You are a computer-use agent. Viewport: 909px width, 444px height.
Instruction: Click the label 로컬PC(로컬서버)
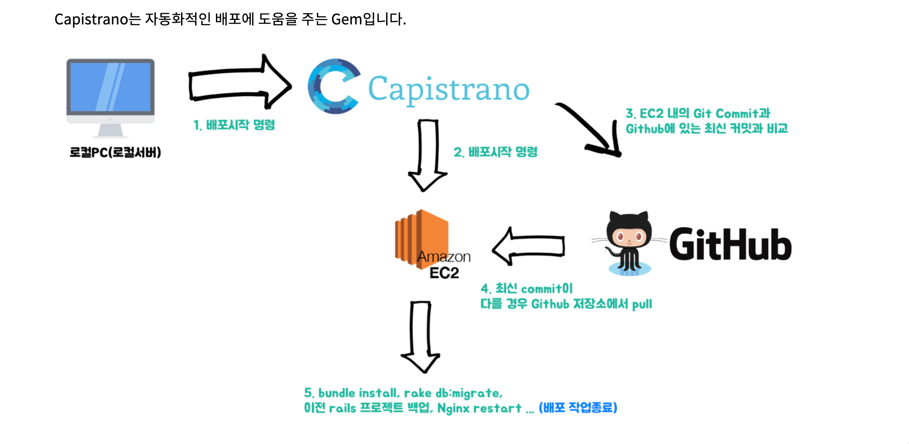coord(115,152)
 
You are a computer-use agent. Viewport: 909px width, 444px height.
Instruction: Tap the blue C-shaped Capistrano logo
coord(333,86)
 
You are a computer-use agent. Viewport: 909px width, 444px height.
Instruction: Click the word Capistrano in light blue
coord(448,89)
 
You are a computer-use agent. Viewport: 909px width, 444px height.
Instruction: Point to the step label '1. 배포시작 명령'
coord(234,125)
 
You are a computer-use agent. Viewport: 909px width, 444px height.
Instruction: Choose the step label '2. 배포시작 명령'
coord(495,152)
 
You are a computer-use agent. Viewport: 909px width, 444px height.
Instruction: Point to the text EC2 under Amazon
coord(444,273)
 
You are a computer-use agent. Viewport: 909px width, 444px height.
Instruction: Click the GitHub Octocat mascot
coord(629,242)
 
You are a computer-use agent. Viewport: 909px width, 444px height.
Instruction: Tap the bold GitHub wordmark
coord(730,245)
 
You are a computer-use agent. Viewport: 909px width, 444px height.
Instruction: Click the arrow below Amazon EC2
coord(421,336)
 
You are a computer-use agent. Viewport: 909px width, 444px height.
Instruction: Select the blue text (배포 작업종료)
coord(578,407)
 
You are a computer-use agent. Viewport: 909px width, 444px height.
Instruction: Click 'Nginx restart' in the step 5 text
coord(479,408)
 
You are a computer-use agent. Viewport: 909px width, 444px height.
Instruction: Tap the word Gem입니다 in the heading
coord(368,19)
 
